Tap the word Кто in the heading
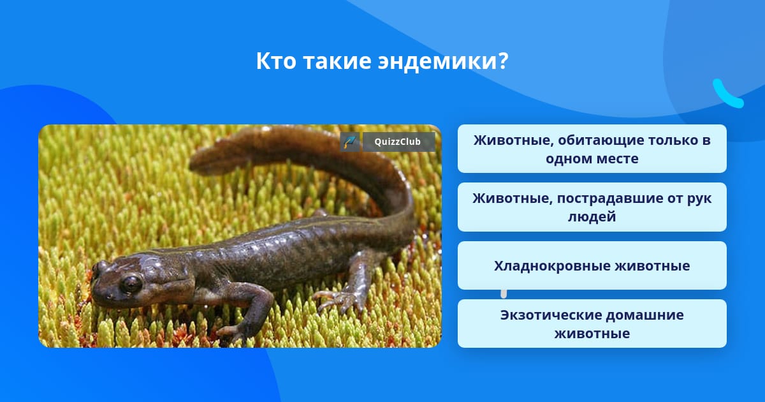[276, 61]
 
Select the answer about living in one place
[592, 149]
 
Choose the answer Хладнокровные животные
[592, 265]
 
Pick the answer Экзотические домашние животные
[592, 324]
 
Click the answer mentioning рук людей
[592, 207]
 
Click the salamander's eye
[131, 283]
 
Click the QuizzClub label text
[397, 142]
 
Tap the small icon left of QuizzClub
[350, 142]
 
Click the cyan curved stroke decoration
[727, 94]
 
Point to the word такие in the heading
[337, 61]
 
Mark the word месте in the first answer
[618, 159]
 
